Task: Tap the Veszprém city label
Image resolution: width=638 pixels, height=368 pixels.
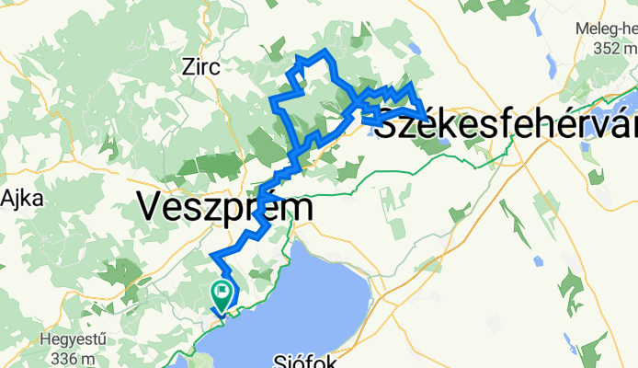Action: click(225, 206)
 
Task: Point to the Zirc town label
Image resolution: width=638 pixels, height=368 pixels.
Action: click(201, 66)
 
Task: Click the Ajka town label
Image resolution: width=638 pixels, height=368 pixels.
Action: click(17, 198)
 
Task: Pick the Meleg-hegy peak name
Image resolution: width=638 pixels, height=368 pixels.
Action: click(606, 28)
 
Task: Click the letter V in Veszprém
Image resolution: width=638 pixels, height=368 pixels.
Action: click(149, 207)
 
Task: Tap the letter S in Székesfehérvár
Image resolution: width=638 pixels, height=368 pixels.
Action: click(387, 123)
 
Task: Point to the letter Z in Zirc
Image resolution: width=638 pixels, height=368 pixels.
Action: click(188, 66)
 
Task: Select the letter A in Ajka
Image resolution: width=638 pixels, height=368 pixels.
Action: click(6, 198)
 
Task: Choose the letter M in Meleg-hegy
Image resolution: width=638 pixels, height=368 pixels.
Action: click(582, 28)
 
